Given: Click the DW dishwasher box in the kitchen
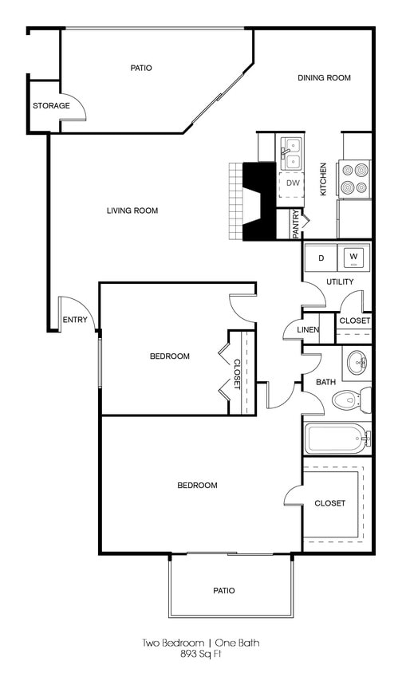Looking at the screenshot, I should point(293,183).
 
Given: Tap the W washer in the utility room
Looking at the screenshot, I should point(354,258).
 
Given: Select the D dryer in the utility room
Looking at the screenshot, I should point(321,258).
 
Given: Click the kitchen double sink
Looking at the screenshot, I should point(292,152).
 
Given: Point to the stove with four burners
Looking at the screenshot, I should point(355,179).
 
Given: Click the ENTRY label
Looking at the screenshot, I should point(74,320).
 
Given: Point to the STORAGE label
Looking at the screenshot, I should point(51,106).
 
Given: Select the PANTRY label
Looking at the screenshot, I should point(296,224).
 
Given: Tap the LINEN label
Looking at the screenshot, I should point(308,329).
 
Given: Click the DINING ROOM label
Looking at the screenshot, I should point(324,77).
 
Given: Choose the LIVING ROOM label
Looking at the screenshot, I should point(132,211).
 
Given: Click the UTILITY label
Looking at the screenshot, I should point(340,282).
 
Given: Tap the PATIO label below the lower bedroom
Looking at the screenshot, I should point(223,591).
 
